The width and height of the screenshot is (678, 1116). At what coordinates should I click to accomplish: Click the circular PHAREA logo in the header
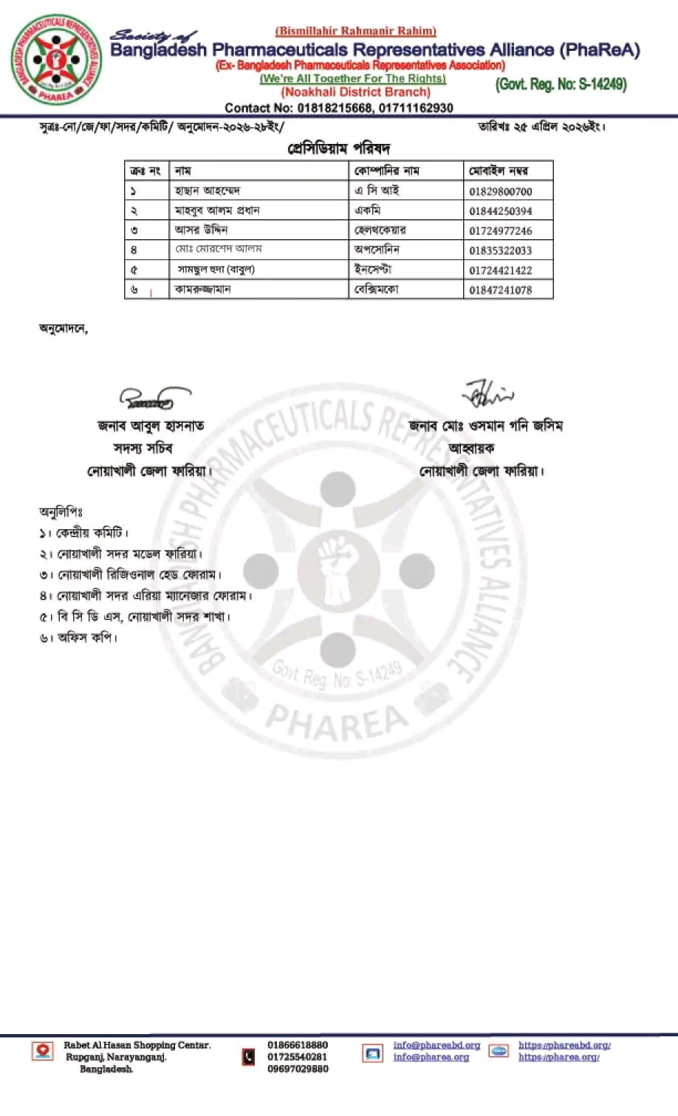(57, 60)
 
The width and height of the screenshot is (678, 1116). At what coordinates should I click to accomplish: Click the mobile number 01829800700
(500, 191)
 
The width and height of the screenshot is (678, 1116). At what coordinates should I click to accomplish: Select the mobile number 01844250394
(500, 211)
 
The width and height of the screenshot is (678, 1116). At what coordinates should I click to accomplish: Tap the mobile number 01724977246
(500, 231)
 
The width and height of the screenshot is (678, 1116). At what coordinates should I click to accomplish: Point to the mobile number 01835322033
(500, 250)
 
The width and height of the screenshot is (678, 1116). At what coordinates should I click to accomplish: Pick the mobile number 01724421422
(500, 270)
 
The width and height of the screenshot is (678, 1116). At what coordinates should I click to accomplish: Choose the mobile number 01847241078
(500, 290)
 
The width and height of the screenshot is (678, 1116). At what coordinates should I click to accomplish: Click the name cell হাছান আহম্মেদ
(208, 190)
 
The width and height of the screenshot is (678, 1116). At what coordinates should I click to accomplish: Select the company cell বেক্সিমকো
(376, 289)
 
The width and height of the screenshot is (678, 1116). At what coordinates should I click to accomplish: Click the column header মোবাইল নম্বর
(499, 171)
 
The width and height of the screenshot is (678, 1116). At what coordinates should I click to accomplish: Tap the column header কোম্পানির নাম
(386, 171)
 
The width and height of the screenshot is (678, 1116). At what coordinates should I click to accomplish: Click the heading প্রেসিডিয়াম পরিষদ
(338, 148)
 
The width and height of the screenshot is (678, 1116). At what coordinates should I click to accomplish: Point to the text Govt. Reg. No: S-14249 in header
(561, 84)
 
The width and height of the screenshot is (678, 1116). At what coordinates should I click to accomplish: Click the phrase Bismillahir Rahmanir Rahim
(355, 31)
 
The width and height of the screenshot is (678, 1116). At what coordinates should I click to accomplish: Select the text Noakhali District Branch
(355, 92)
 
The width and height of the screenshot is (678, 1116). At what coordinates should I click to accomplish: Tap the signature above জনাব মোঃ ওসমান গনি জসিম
(487, 394)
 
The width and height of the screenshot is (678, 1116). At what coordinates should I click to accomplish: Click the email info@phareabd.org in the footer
(436, 1045)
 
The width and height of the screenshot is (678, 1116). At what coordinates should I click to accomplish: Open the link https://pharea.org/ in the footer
(558, 1057)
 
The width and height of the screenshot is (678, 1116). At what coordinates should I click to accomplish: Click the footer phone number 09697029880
(298, 1069)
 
